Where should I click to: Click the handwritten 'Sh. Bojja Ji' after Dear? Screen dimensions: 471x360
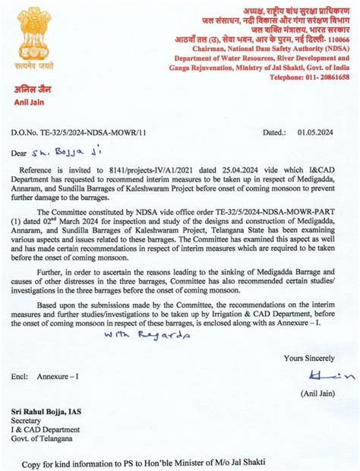68,153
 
